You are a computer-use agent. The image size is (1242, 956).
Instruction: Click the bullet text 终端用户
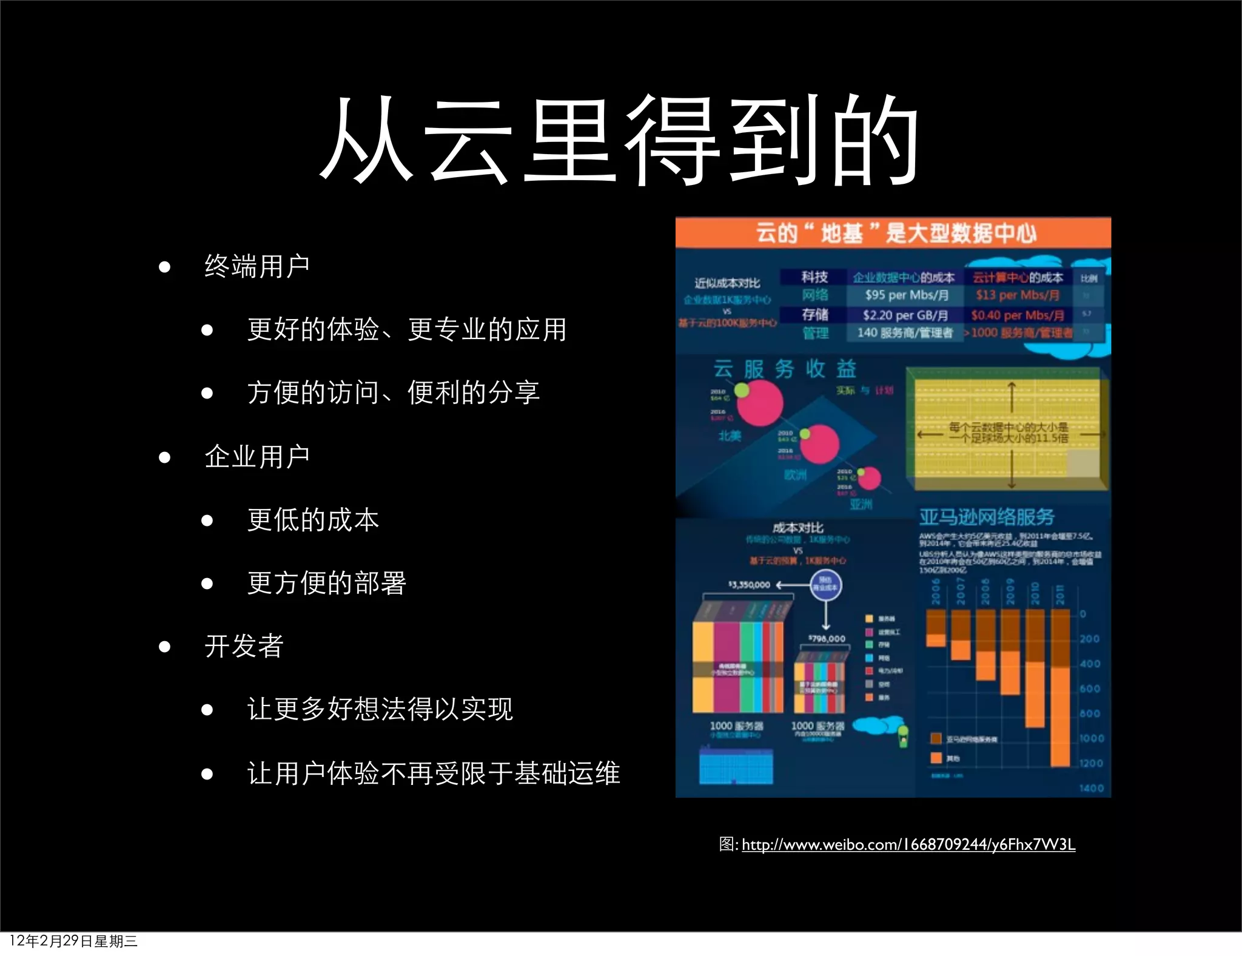[257, 266]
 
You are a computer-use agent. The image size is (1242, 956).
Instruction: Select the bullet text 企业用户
[257, 456]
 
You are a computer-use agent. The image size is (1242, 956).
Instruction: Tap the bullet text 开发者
[244, 646]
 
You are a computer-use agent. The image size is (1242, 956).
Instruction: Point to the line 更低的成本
[313, 520]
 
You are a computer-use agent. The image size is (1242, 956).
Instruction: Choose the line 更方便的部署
[326, 583]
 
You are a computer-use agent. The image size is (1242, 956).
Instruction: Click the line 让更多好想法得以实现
[380, 709]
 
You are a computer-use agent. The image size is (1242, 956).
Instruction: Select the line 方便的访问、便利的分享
[394, 392]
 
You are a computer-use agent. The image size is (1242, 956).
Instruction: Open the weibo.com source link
[908, 844]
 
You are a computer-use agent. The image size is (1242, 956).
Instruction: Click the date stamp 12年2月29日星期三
[73, 941]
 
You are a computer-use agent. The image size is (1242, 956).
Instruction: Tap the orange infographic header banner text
[895, 233]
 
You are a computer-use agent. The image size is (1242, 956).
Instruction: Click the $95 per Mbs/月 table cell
[906, 295]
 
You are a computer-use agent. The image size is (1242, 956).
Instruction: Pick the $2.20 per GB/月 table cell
[905, 315]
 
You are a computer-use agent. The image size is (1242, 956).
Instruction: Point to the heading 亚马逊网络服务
[987, 517]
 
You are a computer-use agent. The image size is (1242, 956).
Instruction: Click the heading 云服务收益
[784, 368]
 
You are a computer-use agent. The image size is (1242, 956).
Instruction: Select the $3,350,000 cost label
[749, 585]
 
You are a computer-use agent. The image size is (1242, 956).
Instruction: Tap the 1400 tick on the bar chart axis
[1091, 788]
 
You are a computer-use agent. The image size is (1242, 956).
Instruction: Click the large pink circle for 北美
[759, 403]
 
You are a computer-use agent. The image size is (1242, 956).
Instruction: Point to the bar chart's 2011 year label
[1059, 594]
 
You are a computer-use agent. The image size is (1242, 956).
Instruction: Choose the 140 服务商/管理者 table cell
[904, 333]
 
